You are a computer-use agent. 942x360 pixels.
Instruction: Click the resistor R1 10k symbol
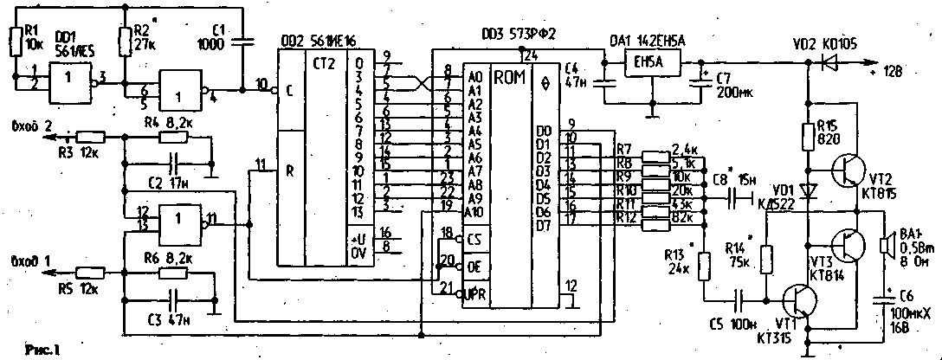click(16, 41)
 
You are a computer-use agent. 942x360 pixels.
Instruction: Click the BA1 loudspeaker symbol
click(887, 245)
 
